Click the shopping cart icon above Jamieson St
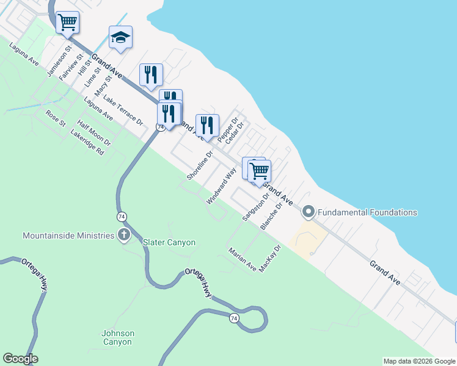pos(67,23)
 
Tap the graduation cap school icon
pos(120,38)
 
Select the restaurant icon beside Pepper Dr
pos(207,126)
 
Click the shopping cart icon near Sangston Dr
pos(260,171)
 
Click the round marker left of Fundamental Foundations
pos(309,212)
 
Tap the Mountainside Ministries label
pos(68,235)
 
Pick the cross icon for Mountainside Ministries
pos(124,235)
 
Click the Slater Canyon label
pos(169,242)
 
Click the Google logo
pos(20,359)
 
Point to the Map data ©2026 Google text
pos(419,361)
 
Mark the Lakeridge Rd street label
pos(87,142)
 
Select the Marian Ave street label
pos(243,259)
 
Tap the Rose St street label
pos(56,118)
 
